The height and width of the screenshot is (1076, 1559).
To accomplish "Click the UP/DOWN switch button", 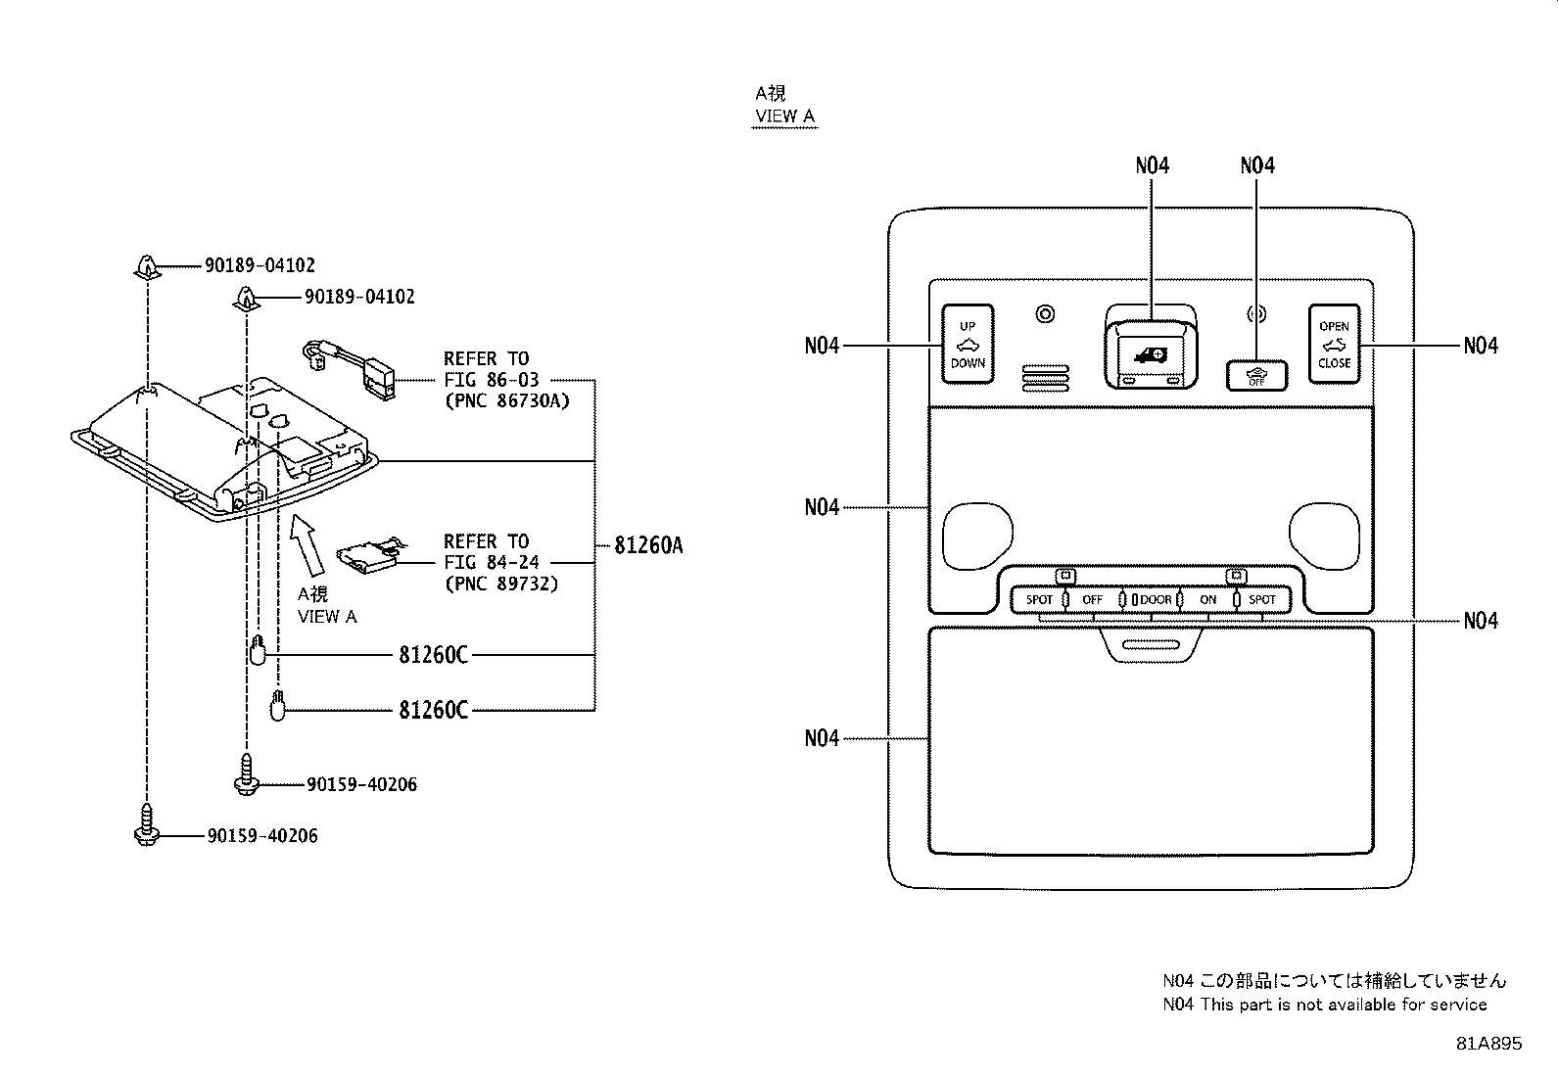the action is point(968,344).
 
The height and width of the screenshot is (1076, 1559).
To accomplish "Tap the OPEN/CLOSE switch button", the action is point(1334,344).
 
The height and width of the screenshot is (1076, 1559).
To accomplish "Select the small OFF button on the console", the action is point(1256,376).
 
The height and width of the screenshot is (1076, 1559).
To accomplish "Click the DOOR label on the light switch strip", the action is point(1156,599).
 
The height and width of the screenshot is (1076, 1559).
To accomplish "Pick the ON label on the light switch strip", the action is point(1208,599).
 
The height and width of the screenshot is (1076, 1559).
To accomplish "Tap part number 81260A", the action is point(648,545).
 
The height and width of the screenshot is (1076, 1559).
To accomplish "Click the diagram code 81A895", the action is point(1488,1044).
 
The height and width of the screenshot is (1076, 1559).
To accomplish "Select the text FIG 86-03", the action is point(492,380).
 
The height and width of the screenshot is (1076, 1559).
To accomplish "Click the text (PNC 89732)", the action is point(501,584).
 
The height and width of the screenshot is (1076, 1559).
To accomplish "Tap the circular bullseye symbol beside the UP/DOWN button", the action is point(1045,314).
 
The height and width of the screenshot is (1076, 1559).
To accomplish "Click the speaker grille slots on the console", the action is point(1045,378).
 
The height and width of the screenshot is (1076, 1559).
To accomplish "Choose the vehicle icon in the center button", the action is point(1152,355).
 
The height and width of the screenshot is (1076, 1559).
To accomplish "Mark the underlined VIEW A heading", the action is point(785,117).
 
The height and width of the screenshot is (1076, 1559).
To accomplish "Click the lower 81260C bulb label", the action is point(433,710).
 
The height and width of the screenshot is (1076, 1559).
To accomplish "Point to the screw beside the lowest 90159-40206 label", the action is point(147,824).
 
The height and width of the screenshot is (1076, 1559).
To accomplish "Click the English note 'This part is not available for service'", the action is point(1344,1005).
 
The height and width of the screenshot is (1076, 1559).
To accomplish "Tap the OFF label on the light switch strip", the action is point(1092,599).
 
